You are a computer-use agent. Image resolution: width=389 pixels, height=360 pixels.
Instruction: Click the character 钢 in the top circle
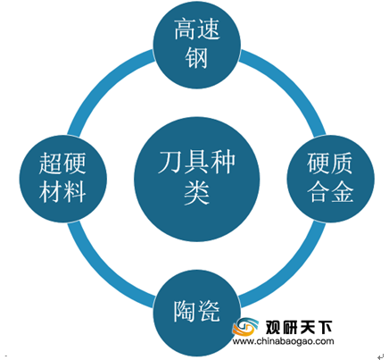coord(196,58)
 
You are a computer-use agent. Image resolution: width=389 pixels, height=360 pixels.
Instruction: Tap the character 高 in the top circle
coord(185,29)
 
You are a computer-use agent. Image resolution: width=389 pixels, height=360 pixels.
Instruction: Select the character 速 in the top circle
coord(208,29)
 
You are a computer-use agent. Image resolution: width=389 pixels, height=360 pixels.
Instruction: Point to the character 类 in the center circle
coord(196,192)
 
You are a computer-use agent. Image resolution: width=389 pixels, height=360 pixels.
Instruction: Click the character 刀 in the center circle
coord(170,163)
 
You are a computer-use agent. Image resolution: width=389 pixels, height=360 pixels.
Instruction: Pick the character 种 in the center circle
coord(222,163)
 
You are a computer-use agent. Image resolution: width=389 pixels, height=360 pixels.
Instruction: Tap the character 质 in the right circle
coord(342,163)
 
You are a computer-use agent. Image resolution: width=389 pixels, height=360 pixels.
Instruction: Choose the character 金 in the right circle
coord(342,192)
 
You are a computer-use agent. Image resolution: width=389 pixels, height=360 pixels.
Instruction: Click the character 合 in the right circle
coord(319,192)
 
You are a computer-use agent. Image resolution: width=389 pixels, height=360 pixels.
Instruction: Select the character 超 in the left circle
coord(51,163)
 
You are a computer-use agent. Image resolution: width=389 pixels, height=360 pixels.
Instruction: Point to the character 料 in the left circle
coord(75,192)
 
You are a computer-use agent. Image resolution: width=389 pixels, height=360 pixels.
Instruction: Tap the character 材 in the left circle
coord(51,192)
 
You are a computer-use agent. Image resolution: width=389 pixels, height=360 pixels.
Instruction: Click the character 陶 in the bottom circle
coord(185,311)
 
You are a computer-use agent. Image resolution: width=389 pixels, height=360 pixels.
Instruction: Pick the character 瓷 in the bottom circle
coord(209,311)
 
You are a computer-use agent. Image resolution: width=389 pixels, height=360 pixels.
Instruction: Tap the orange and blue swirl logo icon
coord(244,327)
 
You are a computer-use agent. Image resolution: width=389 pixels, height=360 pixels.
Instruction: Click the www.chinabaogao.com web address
coord(283,341)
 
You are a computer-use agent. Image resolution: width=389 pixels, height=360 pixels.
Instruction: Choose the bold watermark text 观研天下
coord(298,327)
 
